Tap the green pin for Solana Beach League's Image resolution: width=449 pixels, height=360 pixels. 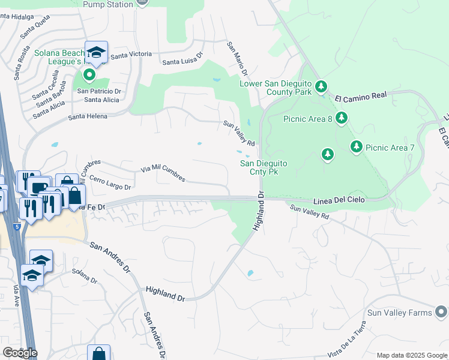(89, 75)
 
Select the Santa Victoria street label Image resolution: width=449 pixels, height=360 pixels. (131, 55)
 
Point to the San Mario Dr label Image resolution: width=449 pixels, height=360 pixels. (236, 58)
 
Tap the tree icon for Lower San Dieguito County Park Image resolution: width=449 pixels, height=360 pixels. (321, 88)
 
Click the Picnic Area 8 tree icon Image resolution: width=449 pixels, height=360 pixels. (342, 118)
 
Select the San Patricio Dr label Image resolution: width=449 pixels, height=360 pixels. (99, 91)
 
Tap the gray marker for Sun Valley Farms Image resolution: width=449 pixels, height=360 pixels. (442, 312)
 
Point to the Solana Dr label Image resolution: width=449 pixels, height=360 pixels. (85, 277)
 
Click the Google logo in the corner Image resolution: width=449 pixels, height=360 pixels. (20, 352)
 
